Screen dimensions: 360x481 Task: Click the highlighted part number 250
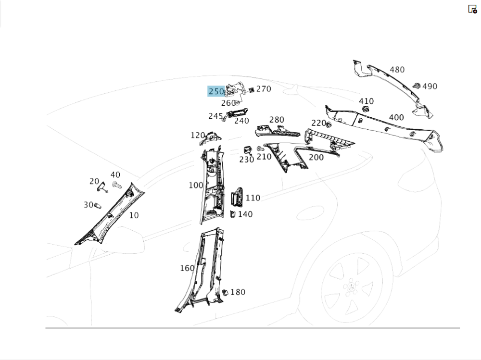point(216,91)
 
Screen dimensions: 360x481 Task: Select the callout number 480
point(397,70)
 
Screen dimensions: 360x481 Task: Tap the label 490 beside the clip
point(430,87)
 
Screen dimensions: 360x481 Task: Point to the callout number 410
point(366,101)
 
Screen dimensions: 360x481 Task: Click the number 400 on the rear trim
point(396,117)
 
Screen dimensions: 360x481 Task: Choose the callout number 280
point(277,120)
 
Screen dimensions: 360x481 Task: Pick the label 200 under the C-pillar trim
point(316,157)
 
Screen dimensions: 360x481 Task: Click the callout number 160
point(187,268)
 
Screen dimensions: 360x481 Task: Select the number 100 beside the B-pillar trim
point(196,185)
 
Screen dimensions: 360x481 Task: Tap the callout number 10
point(134,215)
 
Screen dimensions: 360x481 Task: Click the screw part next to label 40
point(116,186)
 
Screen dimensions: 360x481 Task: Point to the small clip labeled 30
point(98,205)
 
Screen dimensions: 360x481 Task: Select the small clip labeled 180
point(225,292)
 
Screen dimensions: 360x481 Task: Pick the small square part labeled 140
point(232,214)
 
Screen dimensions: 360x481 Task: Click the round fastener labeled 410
point(366,110)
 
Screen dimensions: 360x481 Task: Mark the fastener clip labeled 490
point(416,86)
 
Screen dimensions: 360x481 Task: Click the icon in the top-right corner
point(472,9)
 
